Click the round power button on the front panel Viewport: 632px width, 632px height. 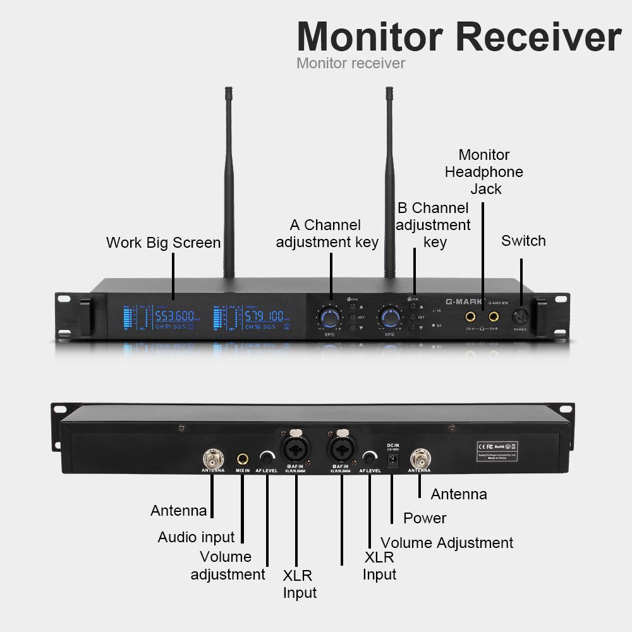[520, 316]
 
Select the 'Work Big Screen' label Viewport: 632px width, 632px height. [163, 243]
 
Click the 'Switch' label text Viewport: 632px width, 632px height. [523, 241]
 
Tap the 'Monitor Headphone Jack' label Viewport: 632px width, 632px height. [484, 172]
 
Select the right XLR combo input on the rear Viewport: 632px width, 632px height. [341, 446]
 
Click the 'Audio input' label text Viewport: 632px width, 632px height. [196, 537]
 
